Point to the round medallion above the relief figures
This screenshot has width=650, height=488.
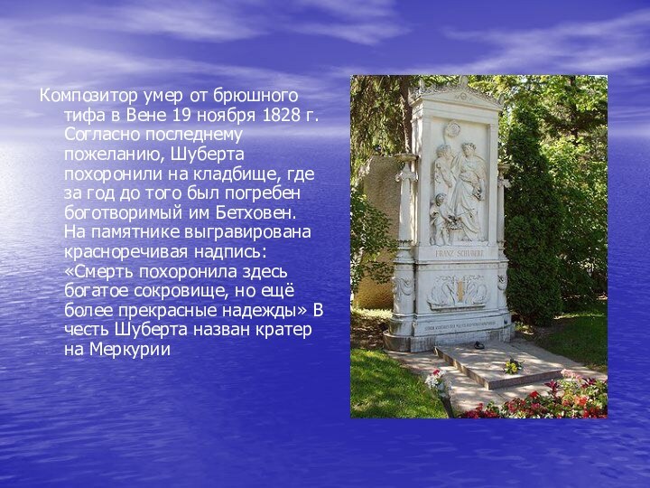[452, 129]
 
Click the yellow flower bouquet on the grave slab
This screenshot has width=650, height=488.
[513, 365]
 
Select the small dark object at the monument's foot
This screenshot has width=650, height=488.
[478, 345]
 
